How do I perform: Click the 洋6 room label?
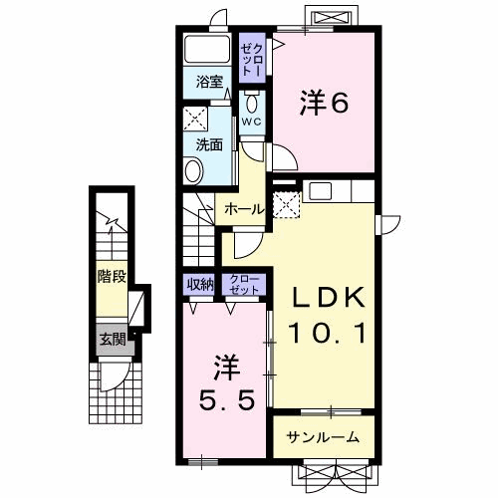coord(326,102)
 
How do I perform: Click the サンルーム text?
coord(324,438)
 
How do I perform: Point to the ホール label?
coord(243,209)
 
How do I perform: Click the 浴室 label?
coord(209,82)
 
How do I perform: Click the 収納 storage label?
coord(200,284)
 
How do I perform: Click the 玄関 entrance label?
coord(111,340)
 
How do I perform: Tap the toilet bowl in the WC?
coord(252,104)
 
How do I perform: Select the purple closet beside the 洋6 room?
coord(252,60)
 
